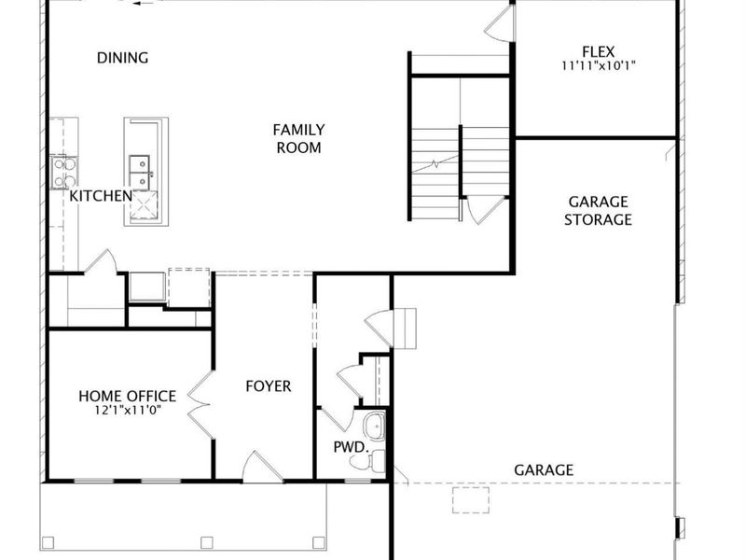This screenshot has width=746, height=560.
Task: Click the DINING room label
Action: [x=122, y=58]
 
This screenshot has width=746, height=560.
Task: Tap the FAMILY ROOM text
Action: [x=298, y=138]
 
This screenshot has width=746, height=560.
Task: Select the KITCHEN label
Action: [x=101, y=196]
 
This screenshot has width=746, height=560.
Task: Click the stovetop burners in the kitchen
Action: [x=63, y=172]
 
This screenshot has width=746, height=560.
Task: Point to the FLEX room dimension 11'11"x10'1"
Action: [x=599, y=66]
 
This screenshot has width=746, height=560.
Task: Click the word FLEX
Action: [x=599, y=51]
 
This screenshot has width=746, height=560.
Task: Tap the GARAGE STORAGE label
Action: [x=599, y=211]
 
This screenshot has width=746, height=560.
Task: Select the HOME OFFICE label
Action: [x=127, y=397]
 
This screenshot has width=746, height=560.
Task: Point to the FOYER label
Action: [x=268, y=386]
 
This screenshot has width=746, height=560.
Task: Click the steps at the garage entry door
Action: [x=404, y=329]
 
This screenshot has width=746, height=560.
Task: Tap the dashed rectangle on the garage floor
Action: [x=470, y=499]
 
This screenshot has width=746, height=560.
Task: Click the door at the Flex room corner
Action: [x=500, y=24]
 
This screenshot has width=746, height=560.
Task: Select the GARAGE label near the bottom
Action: [x=544, y=470]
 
